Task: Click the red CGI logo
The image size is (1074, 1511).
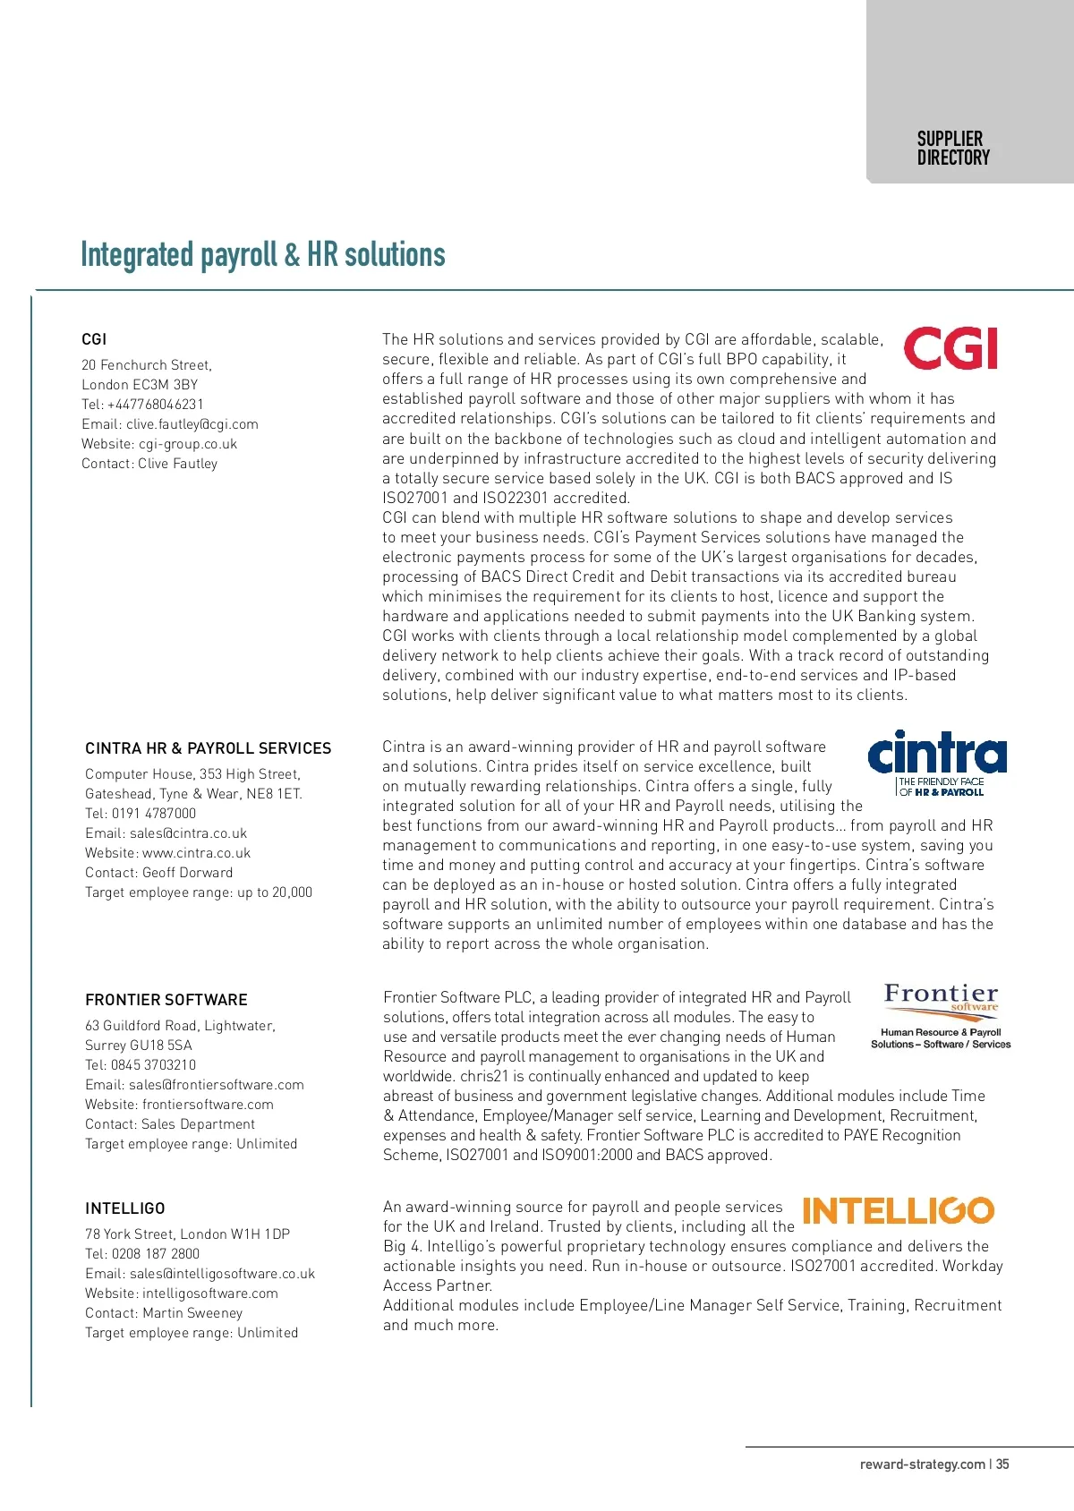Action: click(x=950, y=349)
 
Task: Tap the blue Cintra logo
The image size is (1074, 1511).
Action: click(x=937, y=763)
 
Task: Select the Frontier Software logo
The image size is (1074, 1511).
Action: click(x=941, y=1015)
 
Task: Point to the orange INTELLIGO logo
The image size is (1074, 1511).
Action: click(x=898, y=1211)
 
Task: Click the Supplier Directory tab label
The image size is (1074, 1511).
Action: click(x=953, y=149)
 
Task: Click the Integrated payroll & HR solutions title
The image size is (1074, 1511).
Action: click(x=262, y=255)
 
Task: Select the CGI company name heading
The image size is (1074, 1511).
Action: click(x=94, y=339)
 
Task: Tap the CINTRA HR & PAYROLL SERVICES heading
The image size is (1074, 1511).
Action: click(x=208, y=748)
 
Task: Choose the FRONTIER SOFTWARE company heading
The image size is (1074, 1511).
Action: click(x=166, y=1000)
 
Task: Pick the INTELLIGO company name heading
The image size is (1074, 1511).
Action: click(x=125, y=1208)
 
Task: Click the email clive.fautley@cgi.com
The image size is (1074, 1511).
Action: click(x=170, y=424)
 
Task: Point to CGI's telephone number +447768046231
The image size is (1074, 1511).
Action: click(x=143, y=405)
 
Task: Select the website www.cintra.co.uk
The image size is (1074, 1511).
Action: click(x=168, y=853)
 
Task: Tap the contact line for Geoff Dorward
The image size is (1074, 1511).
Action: click(x=158, y=873)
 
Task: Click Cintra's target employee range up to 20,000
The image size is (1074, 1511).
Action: click(x=199, y=892)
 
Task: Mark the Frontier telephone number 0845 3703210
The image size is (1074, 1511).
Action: click(x=141, y=1065)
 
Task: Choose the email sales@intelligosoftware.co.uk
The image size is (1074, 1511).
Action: click(x=200, y=1274)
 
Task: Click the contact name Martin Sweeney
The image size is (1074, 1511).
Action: click(x=164, y=1313)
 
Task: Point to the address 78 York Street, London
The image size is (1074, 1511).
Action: click(x=187, y=1234)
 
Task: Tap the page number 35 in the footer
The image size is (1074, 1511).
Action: click(x=1002, y=1464)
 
